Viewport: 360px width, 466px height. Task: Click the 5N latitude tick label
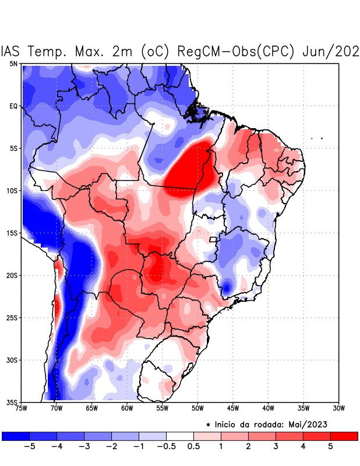tap(13, 63)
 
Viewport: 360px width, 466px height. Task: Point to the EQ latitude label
tap(13, 106)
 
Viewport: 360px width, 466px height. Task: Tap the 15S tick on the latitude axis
tap(12, 233)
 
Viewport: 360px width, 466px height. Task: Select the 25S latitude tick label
tap(12, 317)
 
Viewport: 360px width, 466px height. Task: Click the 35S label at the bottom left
tap(12, 402)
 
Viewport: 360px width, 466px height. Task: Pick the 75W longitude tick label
tap(22, 408)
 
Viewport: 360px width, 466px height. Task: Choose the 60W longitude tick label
tap(127, 408)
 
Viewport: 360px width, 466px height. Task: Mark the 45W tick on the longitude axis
tap(233, 408)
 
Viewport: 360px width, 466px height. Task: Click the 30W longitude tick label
tap(338, 408)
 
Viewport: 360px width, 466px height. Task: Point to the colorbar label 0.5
tap(193, 446)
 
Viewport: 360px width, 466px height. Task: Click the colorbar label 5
tap(331, 446)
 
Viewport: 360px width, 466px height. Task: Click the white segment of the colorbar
tap(180, 436)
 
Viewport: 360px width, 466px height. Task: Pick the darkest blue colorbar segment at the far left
tap(16, 436)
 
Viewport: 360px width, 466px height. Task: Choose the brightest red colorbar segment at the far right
tap(344, 436)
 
